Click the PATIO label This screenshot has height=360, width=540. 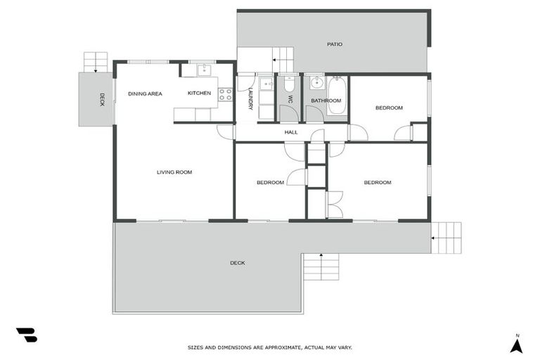[335, 44]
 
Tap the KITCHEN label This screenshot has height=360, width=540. [199, 93]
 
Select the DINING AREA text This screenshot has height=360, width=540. [145, 93]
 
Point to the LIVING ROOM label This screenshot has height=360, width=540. [174, 172]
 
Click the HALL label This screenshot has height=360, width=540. [291, 131]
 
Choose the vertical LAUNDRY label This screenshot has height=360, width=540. [250, 98]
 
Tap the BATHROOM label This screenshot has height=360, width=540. [326, 101]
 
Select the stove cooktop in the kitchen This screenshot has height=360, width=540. [225, 94]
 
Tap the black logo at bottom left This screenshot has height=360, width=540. [27, 335]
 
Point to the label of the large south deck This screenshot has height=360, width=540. [238, 263]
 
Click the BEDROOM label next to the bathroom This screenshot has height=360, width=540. [388, 108]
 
